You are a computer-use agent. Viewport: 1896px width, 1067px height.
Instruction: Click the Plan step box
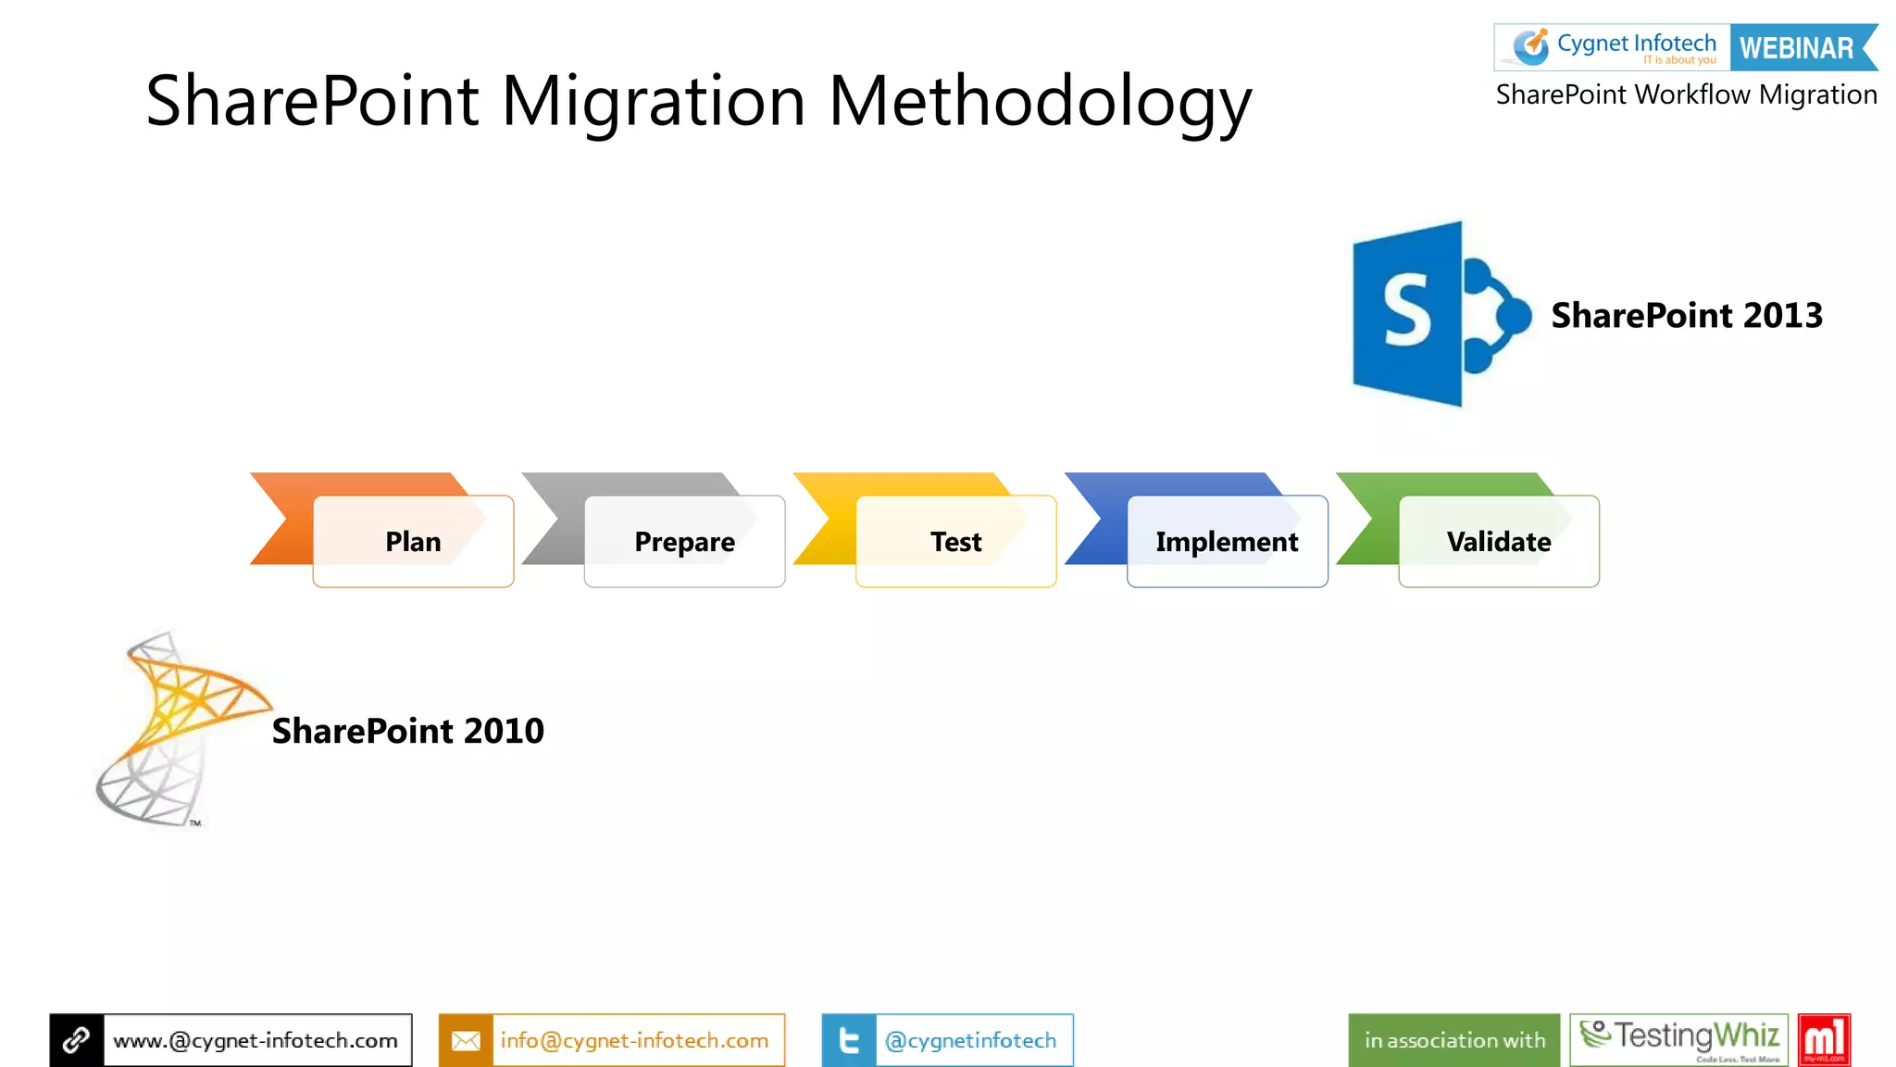pyautogui.click(x=413, y=542)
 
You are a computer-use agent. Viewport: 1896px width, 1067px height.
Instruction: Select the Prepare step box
pyautogui.click(x=684, y=542)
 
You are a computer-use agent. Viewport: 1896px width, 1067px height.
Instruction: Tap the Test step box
pyautogui.click(x=955, y=542)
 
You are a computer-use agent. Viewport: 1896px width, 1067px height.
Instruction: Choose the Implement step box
pyautogui.click(x=1227, y=542)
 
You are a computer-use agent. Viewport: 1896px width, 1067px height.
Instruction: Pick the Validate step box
pyautogui.click(x=1498, y=542)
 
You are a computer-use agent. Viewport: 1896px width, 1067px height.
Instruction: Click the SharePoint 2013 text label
pyautogui.click(x=1687, y=316)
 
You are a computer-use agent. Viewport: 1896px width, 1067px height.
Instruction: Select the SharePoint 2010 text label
pyautogui.click(x=407, y=731)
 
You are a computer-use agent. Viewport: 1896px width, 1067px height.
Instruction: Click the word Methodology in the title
pyautogui.click(x=1040, y=102)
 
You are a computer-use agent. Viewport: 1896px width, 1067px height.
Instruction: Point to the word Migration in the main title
pyautogui.click(x=654, y=102)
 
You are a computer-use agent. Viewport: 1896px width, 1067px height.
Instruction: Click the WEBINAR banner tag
pyautogui.click(x=1799, y=48)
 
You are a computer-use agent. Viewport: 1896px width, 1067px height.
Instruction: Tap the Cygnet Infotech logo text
pyautogui.click(x=1635, y=44)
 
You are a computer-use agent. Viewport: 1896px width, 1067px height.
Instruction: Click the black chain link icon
pyautogui.click(x=77, y=1040)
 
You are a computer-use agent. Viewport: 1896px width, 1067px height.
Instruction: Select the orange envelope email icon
pyautogui.click(x=466, y=1040)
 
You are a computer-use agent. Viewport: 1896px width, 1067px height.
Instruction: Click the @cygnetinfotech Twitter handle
pyautogui.click(x=970, y=1040)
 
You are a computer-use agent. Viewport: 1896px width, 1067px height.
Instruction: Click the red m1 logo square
pyautogui.click(x=1824, y=1039)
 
